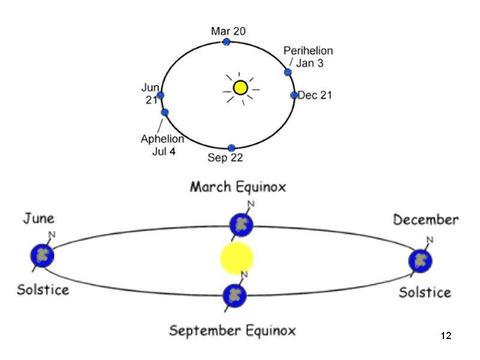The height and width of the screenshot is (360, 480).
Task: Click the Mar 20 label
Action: [228, 31]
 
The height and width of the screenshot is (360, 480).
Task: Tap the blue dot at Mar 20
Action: [226, 41]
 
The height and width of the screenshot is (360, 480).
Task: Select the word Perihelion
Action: [308, 51]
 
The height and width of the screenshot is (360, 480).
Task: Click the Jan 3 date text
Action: [310, 63]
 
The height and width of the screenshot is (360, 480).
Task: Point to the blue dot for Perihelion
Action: [288, 73]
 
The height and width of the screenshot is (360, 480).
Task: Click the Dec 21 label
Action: [315, 95]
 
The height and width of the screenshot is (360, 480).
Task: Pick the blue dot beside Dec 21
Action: [294, 95]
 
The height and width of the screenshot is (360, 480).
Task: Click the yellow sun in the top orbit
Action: [241, 88]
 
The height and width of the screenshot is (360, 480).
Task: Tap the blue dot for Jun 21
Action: [160, 95]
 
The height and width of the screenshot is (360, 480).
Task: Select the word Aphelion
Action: [162, 139]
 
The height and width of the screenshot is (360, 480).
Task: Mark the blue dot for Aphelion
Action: [165, 112]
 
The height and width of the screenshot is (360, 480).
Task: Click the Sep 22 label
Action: [225, 158]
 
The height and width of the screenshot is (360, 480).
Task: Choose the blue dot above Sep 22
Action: [232, 148]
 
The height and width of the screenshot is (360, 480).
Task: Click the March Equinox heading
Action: [238, 187]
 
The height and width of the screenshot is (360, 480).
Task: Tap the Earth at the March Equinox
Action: [241, 225]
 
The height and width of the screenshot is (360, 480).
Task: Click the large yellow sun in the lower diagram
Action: [237, 258]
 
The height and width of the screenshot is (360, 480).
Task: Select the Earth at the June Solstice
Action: [43, 255]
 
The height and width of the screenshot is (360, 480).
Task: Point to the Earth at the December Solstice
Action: [421, 261]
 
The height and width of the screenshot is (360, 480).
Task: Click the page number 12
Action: [445, 335]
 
